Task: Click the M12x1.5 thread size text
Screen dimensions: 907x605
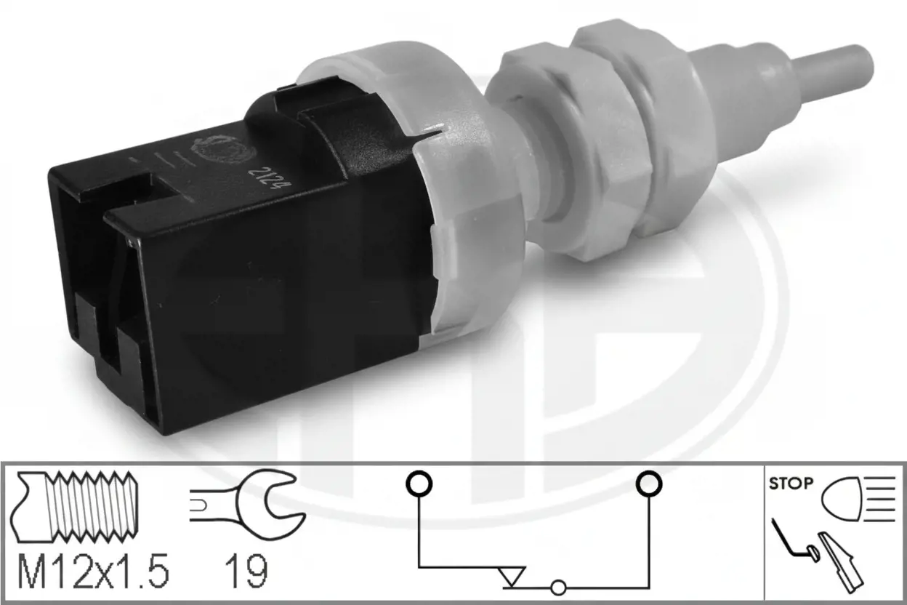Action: [93, 572]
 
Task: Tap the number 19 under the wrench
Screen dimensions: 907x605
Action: [246, 572]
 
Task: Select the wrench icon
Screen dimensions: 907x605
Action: [247, 505]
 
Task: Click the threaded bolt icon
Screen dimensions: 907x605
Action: [74, 507]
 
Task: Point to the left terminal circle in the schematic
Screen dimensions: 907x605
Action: [419, 484]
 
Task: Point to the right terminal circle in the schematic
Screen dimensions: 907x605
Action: [649, 484]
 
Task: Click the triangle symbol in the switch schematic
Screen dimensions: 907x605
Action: [512, 576]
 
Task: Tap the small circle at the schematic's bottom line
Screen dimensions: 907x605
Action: [558, 588]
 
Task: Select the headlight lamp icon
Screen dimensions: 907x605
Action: [842, 499]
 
